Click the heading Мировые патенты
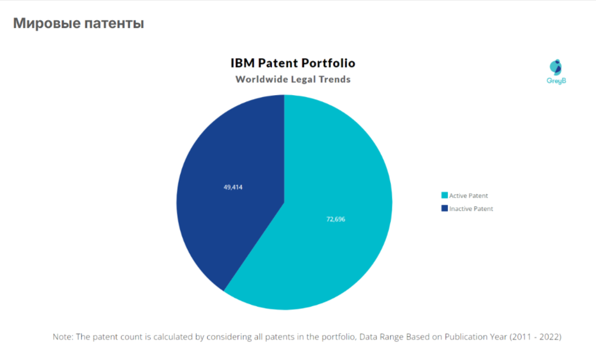click(78, 24)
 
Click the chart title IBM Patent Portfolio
click(292, 63)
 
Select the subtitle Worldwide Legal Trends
click(293, 79)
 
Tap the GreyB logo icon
click(556, 67)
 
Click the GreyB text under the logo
click(556, 81)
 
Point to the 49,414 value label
click(233, 187)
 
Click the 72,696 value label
click(336, 219)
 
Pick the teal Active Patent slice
click(333, 250)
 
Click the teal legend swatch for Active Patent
click(444, 195)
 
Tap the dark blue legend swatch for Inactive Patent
click(444, 209)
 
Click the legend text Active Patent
click(469, 195)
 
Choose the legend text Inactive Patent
click(471, 209)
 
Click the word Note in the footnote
click(62, 337)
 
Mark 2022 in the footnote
click(548, 337)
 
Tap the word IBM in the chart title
click(242, 63)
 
